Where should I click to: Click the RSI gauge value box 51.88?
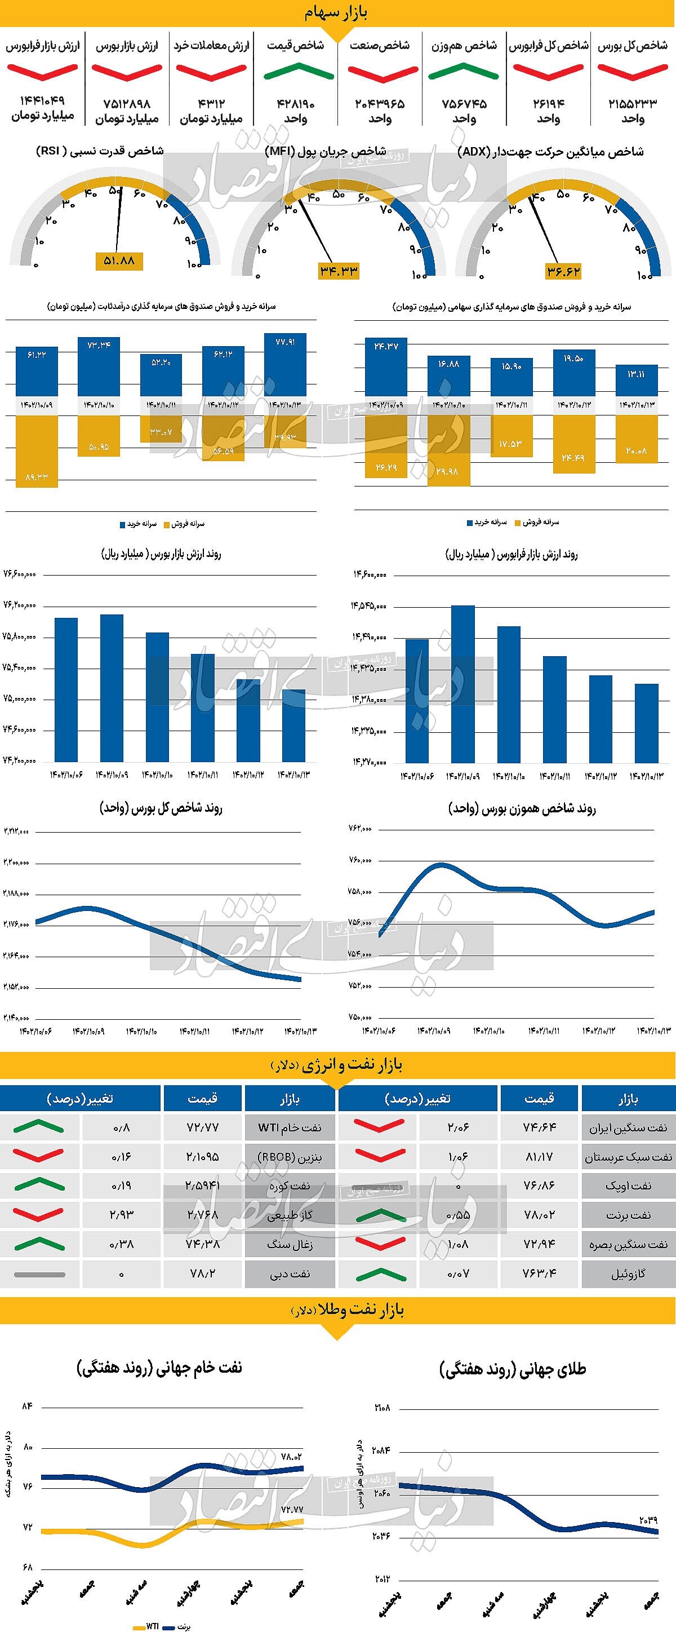tap(119, 260)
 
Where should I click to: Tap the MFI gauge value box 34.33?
tap(339, 271)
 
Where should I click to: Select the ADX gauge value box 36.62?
tap(563, 271)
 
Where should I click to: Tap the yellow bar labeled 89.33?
tap(37, 451)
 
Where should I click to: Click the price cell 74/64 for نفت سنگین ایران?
tap(539, 1127)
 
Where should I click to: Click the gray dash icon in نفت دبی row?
tap(39, 1273)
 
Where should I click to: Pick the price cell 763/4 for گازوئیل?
tap(539, 1273)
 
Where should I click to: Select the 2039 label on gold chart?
tap(648, 1520)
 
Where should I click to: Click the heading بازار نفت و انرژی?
tap(338, 1065)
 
